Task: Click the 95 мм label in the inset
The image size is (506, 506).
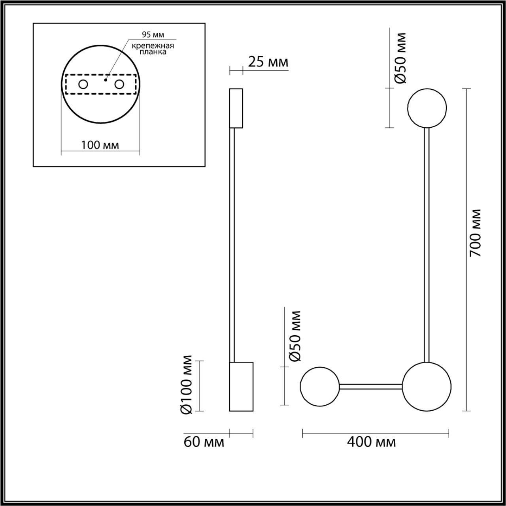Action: [x=153, y=34]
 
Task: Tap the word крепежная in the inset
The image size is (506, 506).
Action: [x=153, y=46]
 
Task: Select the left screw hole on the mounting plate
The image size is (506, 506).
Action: [x=83, y=85]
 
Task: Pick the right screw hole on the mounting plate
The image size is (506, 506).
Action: [x=119, y=85]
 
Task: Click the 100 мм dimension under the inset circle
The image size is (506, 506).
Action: [x=100, y=145]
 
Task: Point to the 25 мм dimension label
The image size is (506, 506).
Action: [x=268, y=62]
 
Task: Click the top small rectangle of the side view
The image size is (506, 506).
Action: [x=236, y=108]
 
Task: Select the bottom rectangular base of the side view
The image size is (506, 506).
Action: [x=241, y=387]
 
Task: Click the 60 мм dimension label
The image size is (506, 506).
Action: [x=204, y=442]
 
